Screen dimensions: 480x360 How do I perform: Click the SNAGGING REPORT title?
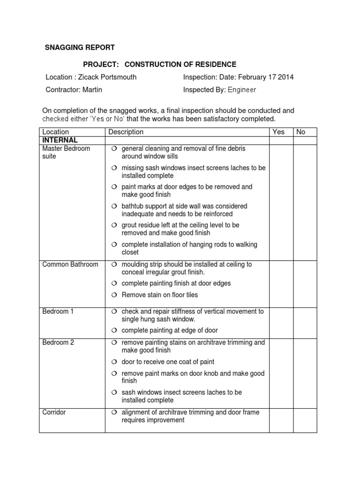point(79,48)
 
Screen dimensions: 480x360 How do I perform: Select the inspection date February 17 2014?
point(266,77)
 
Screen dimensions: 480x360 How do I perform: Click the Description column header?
point(126,132)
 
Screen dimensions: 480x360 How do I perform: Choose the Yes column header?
point(278,132)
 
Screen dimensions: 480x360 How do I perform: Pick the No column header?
point(301,132)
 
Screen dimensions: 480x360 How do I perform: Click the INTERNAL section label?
point(60,140)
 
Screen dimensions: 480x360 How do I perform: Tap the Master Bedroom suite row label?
point(66,152)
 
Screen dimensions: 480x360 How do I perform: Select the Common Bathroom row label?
point(70,264)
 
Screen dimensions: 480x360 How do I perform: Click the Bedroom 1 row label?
point(58,311)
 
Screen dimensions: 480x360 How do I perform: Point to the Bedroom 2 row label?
point(58,343)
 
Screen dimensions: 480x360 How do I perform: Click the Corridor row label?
point(54,412)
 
